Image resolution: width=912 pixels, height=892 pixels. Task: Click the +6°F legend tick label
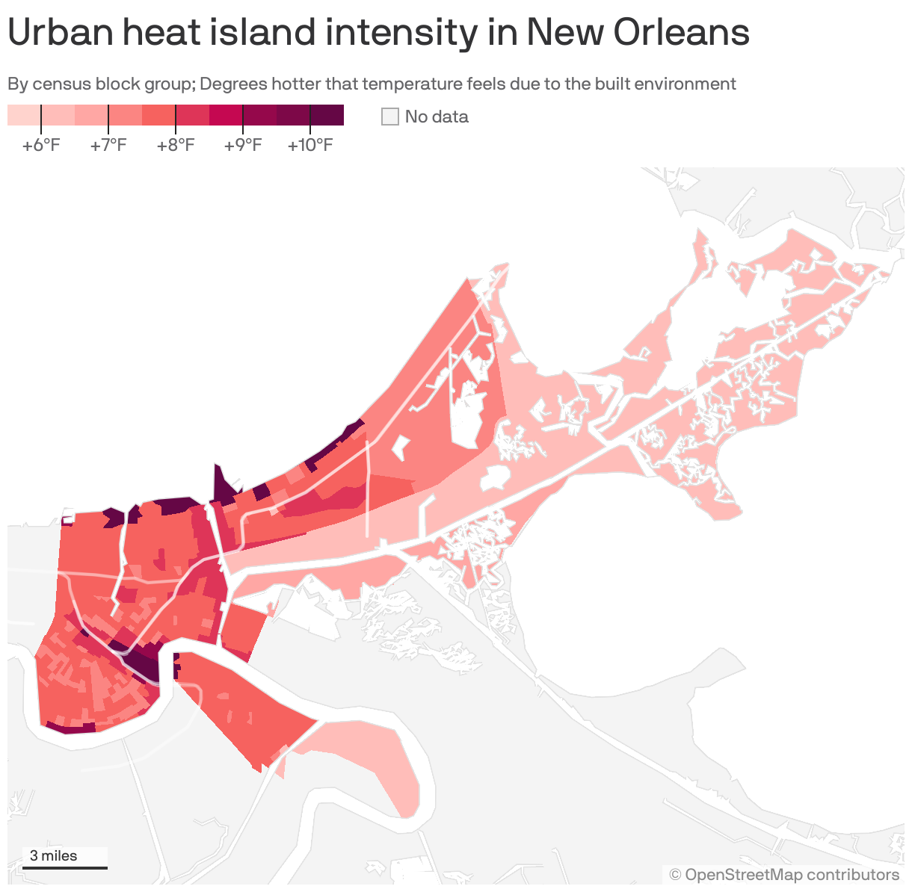(x=41, y=145)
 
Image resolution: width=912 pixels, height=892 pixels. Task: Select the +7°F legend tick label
(x=108, y=145)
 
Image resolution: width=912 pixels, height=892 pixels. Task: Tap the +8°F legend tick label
(x=176, y=145)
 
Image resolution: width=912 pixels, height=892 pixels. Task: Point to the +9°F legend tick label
(x=243, y=145)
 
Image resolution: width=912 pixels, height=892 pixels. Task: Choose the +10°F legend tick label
(x=310, y=145)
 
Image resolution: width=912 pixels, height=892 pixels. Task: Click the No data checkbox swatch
(x=390, y=117)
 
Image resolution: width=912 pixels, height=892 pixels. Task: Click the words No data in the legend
(x=437, y=117)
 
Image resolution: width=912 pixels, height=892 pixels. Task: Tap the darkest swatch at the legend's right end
(x=327, y=115)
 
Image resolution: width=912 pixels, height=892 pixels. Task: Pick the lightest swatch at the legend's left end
(x=24, y=115)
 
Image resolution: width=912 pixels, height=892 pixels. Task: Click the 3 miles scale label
(x=53, y=855)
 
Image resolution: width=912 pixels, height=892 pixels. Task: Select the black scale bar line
(x=65, y=867)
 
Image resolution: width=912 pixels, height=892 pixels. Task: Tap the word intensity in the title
(x=406, y=32)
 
